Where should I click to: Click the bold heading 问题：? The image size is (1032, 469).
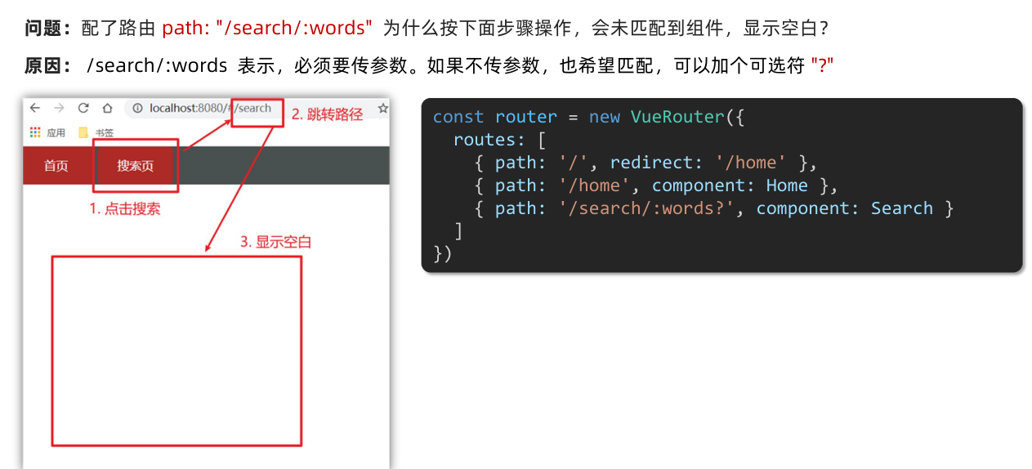pos(49,28)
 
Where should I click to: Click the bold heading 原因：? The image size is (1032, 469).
pos(49,65)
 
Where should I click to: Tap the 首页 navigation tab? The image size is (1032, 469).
pos(56,166)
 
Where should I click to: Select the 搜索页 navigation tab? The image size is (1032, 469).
pos(135,166)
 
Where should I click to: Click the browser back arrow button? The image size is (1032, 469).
pos(35,108)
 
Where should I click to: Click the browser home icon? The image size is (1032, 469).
pos(107,108)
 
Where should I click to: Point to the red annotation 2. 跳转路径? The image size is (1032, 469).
pos(327,114)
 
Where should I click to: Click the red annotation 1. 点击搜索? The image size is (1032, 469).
pos(124,208)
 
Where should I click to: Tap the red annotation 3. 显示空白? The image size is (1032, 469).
pos(275,242)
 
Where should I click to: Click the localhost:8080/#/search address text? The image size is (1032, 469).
pos(210,108)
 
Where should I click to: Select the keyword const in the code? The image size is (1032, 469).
pos(458,117)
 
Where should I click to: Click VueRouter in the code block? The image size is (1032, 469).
pos(677,117)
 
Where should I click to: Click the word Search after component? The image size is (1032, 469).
pos(901,208)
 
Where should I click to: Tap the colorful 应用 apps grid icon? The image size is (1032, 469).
pos(35,132)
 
